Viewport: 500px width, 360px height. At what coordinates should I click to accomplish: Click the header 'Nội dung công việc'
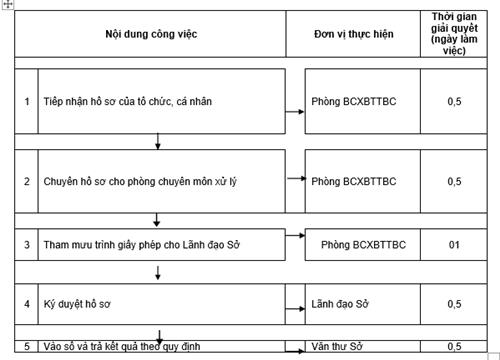tap(150, 35)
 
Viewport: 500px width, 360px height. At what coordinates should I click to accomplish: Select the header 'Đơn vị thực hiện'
tap(353, 35)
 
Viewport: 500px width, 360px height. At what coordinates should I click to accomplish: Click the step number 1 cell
tap(27, 102)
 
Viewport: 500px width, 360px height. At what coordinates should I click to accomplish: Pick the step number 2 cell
tap(27, 181)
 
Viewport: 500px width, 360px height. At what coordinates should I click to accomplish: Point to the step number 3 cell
tap(27, 244)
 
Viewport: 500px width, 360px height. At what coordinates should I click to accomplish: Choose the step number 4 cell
tap(27, 302)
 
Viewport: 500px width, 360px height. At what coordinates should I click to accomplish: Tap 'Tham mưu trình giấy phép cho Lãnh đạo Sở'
tap(144, 244)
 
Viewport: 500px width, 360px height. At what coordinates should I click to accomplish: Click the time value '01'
tap(454, 244)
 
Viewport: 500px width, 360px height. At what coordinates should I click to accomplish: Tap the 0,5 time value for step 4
tap(454, 302)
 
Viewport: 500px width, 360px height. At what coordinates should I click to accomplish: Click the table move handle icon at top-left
tap(7, 5)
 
